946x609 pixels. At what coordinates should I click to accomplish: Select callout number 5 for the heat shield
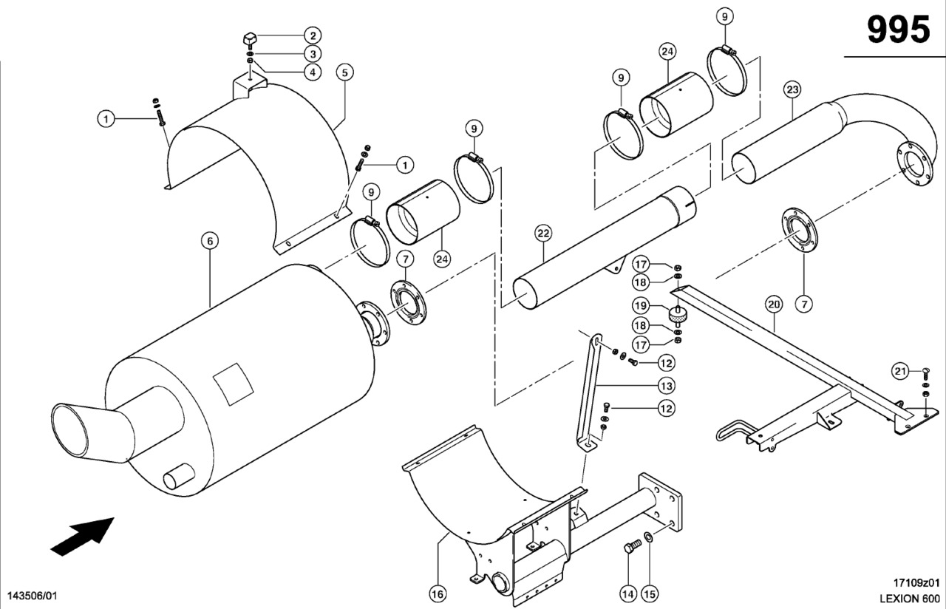(344, 72)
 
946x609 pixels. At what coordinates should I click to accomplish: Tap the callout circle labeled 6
(210, 241)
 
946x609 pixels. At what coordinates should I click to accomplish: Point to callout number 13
(666, 385)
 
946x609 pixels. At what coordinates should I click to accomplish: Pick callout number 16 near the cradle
(438, 593)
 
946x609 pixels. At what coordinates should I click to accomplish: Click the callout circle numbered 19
(640, 304)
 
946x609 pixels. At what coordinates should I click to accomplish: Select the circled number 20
(773, 303)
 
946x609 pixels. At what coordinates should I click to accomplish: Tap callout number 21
(899, 371)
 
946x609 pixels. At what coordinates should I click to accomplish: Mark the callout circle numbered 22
(543, 234)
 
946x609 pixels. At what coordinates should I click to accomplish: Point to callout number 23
(792, 90)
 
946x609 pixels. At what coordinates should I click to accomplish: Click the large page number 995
(898, 30)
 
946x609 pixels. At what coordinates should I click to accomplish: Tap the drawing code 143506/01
(32, 595)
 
